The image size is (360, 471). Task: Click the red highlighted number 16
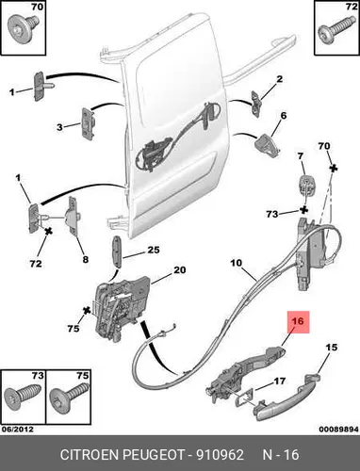click(298, 321)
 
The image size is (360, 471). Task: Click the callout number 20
click(180, 269)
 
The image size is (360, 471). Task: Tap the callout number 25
click(154, 250)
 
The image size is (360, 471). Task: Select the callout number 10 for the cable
click(237, 263)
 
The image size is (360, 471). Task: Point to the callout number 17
click(280, 382)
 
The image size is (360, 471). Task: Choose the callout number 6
click(284, 116)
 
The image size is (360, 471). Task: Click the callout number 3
click(59, 127)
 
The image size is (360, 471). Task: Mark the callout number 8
click(86, 259)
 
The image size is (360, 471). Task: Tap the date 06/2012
click(18, 429)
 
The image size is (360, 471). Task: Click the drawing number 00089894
click(338, 429)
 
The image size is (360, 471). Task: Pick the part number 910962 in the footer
click(220, 455)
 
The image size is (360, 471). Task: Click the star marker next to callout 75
click(87, 311)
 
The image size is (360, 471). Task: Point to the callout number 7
click(301, 156)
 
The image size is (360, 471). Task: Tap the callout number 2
click(280, 79)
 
